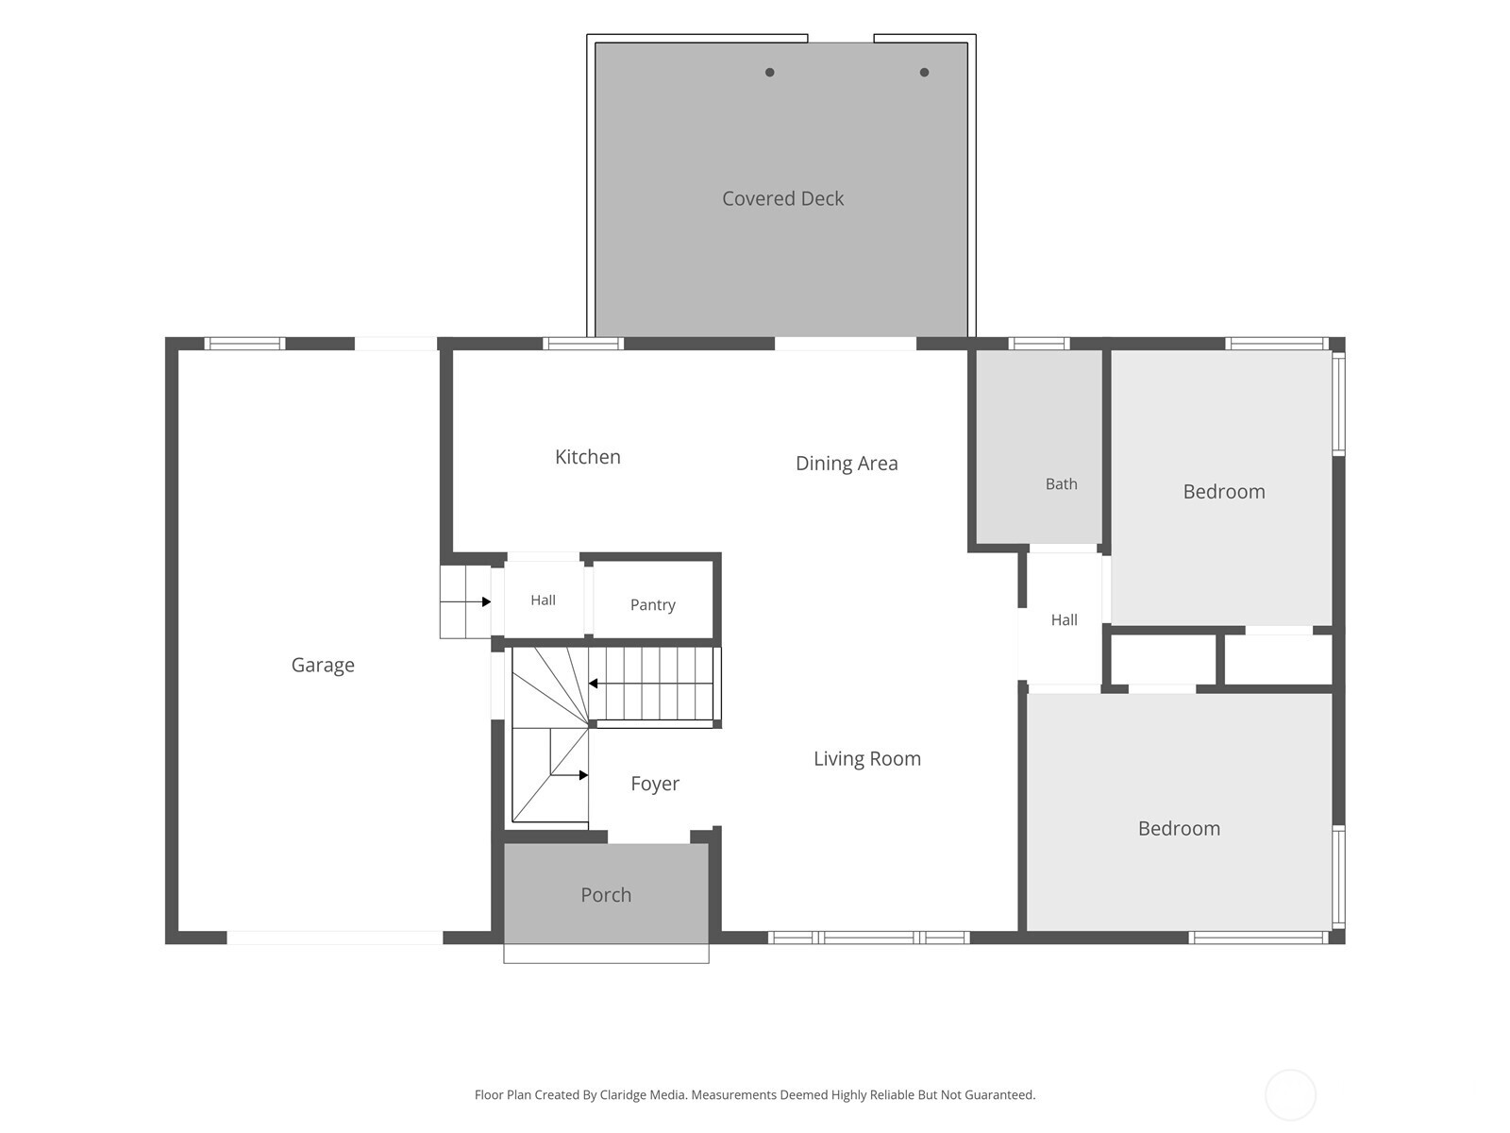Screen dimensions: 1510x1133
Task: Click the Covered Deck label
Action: (x=782, y=199)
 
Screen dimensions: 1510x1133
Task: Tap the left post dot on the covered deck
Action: (x=770, y=73)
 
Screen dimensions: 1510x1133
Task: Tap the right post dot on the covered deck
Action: (x=924, y=73)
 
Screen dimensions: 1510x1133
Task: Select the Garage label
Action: (x=323, y=666)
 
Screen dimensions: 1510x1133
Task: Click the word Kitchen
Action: (x=588, y=457)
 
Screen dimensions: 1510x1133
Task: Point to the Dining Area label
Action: (x=847, y=464)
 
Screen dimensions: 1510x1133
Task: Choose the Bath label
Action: (x=1061, y=484)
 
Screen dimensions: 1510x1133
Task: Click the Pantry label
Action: (x=652, y=604)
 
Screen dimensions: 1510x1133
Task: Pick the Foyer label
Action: (x=655, y=784)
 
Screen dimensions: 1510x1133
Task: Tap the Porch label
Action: (x=605, y=895)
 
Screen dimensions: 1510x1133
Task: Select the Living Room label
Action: (x=866, y=759)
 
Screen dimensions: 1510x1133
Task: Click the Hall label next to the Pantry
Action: (x=543, y=600)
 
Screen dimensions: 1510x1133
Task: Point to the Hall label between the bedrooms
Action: (x=1064, y=619)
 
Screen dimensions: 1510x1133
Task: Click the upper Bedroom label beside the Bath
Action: (x=1224, y=492)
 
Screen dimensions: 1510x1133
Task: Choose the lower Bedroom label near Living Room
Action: (x=1179, y=828)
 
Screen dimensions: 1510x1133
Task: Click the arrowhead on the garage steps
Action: (x=486, y=602)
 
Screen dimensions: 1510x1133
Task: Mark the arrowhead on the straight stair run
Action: (x=593, y=684)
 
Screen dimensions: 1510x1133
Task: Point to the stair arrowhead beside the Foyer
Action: (x=583, y=775)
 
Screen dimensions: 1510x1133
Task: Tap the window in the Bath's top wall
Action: (x=1039, y=344)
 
